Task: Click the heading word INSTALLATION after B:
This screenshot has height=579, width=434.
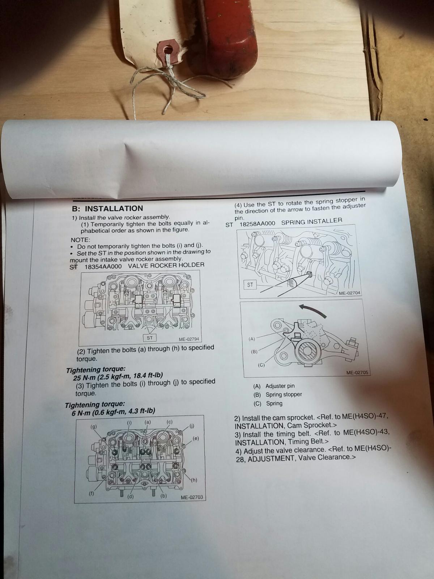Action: click(x=114, y=208)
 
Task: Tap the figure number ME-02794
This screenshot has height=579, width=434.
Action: click(x=189, y=339)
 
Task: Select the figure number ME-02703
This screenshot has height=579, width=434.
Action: click(x=192, y=497)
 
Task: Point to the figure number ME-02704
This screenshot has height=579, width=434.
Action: click(x=349, y=293)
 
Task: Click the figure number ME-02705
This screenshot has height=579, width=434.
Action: click(x=357, y=372)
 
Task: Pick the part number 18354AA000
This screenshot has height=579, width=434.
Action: click(x=103, y=266)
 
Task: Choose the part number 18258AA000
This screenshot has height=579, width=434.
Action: click(x=257, y=224)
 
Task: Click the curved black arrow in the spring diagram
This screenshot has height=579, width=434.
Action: click(x=312, y=310)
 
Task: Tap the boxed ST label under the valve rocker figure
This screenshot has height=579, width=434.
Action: click(x=150, y=338)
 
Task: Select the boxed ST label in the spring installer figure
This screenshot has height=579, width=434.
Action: click(x=250, y=285)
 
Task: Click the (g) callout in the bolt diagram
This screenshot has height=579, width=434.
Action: click(x=94, y=426)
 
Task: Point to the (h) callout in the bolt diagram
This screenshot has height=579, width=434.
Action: click(x=194, y=480)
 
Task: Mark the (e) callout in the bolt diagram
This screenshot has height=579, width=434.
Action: click(x=196, y=438)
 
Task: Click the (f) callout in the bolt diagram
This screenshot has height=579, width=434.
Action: click(x=92, y=494)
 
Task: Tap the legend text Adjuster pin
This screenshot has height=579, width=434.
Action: click(x=280, y=386)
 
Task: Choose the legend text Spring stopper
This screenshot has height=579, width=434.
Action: click(x=284, y=394)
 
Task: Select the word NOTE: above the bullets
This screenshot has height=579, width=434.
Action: click(x=80, y=240)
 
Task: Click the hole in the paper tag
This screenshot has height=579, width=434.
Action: click(x=168, y=49)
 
